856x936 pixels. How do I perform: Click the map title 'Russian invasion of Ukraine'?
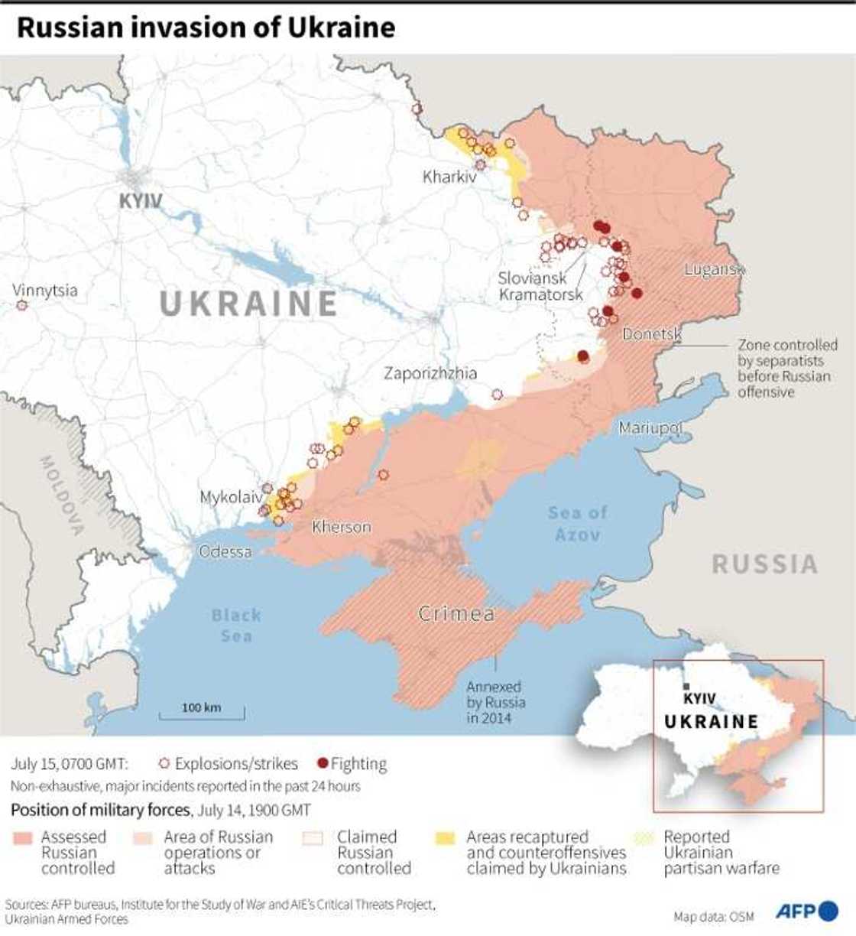tap(206, 28)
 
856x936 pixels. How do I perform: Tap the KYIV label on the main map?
tap(141, 201)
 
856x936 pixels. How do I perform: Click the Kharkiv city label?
tap(449, 177)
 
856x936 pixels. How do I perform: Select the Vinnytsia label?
tap(45, 291)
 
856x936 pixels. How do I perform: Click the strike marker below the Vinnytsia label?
tap(21, 305)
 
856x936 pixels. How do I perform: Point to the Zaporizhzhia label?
tap(430, 373)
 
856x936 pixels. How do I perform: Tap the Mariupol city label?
tap(650, 427)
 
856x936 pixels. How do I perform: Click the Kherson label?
tap(342, 527)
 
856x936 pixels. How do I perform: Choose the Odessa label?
tap(225, 551)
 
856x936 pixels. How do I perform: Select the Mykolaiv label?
tap(230, 497)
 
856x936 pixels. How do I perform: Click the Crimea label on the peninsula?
tap(456, 613)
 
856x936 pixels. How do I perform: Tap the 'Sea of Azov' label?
tap(578, 523)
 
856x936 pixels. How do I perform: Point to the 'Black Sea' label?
tap(236, 625)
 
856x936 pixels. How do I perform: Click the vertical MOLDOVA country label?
tap(62, 495)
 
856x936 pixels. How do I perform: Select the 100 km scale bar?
tap(202, 713)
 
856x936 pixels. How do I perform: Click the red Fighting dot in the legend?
tap(323, 763)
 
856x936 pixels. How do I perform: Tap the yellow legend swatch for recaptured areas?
tap(445, 837)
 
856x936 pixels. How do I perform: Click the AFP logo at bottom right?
tap(807, 911)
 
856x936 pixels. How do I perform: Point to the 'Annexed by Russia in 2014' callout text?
tap(495, 702)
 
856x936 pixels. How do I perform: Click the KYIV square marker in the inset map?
tap(687, 686)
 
